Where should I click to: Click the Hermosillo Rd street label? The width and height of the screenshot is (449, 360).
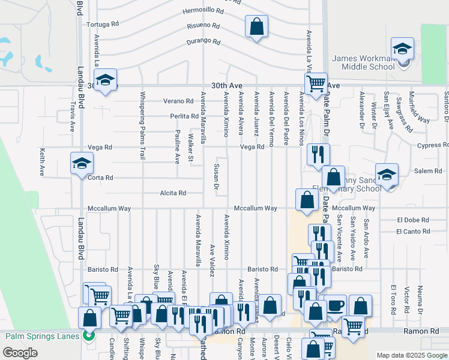pos(203,11)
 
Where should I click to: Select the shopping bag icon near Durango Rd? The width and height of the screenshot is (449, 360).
pos(256,27)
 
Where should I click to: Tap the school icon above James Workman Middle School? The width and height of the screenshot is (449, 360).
pos(402,49)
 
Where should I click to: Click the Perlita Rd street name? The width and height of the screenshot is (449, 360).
pos(184,116)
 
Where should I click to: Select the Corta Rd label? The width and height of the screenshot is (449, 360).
pos(101,178)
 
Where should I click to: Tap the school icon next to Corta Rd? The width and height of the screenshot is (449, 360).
pos(82,164)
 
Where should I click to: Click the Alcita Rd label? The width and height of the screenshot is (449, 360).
pos(173,193)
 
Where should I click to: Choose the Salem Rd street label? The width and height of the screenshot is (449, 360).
pos(429,171)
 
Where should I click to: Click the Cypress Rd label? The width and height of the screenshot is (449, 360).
pos(432,146)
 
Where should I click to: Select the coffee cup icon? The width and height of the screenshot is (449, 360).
pos(335,305)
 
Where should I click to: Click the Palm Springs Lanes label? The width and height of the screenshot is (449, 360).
pos(43,336)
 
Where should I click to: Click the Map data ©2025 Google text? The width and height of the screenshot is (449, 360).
pos(411,356)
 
